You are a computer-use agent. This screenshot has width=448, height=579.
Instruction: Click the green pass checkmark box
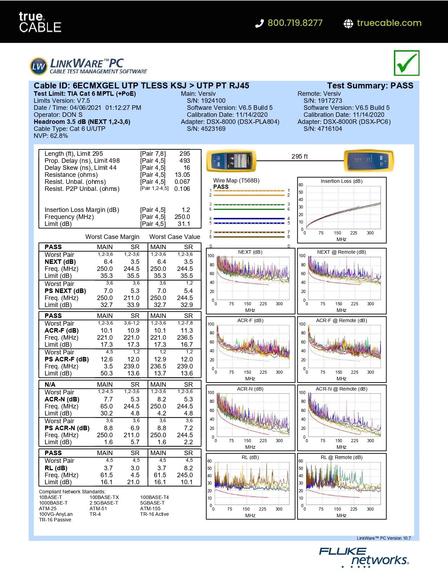click(407, 63)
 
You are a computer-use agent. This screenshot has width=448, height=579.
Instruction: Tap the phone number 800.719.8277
click(294, 23)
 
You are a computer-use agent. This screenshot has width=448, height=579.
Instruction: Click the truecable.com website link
click(389, 23)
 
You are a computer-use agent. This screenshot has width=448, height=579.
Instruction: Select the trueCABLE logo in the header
click(40, 22)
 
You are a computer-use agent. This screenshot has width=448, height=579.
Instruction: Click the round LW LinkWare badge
click(38, 66)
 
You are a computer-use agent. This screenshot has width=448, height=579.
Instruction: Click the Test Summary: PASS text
click(370, 86)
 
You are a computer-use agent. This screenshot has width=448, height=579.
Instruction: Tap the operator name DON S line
click(58, 115)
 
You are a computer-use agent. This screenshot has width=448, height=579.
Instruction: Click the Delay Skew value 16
click(187, 168)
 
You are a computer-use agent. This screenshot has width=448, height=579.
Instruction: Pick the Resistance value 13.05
click(182, 175)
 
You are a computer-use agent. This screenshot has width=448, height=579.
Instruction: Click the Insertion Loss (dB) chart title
click(342, 181)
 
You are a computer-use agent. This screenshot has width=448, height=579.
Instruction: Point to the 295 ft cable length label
click(299, 157)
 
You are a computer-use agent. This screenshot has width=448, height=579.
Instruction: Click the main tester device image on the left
click(231, 161)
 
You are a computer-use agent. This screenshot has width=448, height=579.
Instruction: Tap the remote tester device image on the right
click(368, 161)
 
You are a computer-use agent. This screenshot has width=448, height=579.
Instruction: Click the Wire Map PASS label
click(221, 187)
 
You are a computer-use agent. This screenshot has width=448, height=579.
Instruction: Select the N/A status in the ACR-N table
click(50, 385)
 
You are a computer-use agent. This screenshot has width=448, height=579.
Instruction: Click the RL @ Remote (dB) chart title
click(342, 457)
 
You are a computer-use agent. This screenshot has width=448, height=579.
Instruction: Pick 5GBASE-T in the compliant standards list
click(152, 503)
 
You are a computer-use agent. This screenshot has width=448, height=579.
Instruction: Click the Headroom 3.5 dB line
click(82, 122)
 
